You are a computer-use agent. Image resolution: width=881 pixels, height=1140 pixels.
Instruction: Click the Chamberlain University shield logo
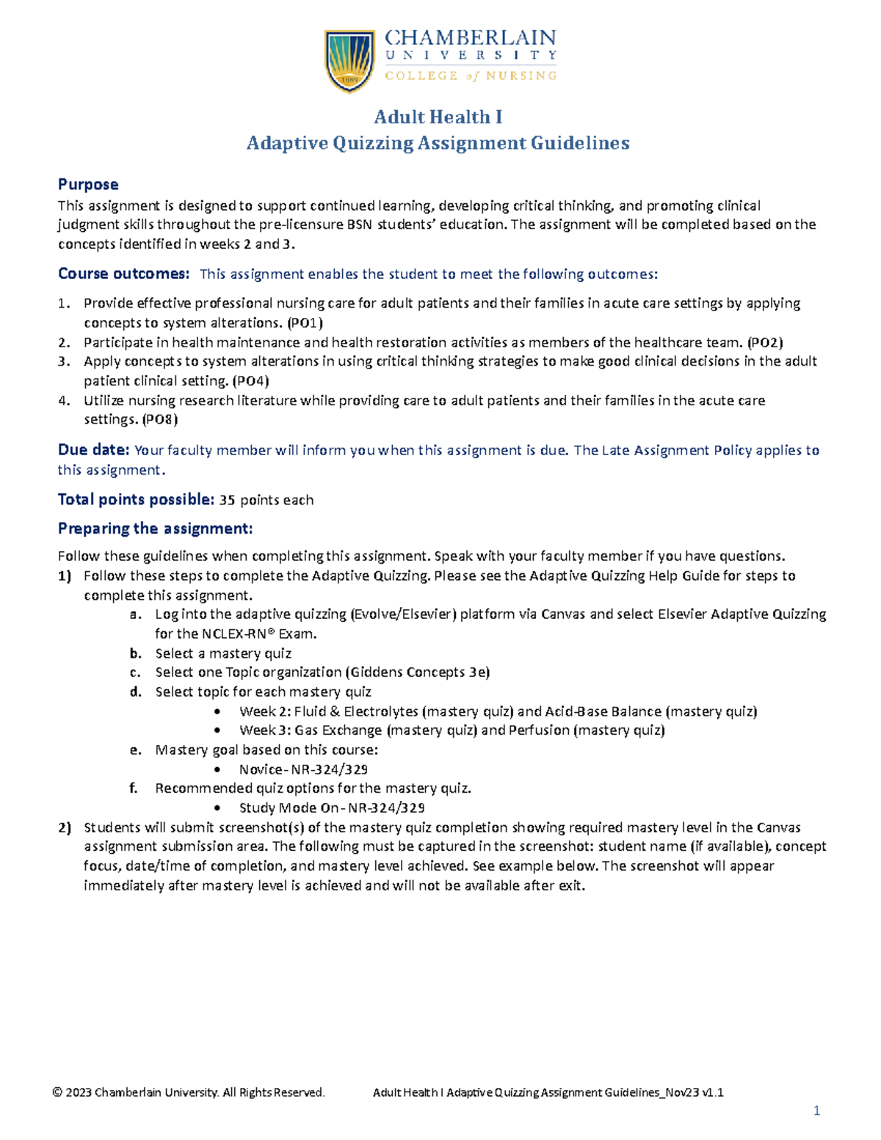click(351, 61)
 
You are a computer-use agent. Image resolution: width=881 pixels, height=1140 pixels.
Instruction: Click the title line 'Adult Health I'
click(438, 117)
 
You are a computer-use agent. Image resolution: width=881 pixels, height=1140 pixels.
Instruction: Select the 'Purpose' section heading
click(88, 184)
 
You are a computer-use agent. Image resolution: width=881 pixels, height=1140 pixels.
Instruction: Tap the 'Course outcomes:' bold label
click(123, 274)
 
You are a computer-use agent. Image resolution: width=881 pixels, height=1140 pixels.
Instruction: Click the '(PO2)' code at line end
click(765, 342)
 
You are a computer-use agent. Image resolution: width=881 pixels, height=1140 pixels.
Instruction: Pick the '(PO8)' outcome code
click(160, 420)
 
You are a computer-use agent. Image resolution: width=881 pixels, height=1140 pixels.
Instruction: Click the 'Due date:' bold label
click(94, 450)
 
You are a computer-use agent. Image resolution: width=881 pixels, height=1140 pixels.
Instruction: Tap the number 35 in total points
click(228, 500)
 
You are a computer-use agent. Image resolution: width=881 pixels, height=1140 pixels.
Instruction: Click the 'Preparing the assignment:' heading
click(155, 529)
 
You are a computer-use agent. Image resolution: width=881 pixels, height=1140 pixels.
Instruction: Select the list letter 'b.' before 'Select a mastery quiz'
click(135, 653)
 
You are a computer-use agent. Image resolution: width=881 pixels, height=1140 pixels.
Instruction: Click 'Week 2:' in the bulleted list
click(265, 711)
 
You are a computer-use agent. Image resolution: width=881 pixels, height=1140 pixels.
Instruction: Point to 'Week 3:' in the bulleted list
click(265, 730)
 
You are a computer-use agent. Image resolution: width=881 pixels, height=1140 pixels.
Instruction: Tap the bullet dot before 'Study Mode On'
click(217, 808)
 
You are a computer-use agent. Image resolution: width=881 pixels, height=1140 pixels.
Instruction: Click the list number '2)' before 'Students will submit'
click(65, 827)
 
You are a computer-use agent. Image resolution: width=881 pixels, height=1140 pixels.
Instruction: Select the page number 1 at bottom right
click(816, 1111)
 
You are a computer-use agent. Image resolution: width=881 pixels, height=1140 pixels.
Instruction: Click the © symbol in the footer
click(57, 1092)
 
